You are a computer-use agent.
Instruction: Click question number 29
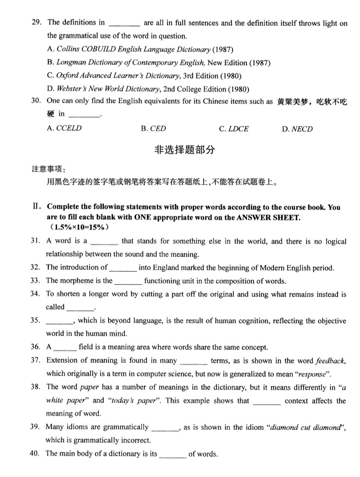coord(36,23)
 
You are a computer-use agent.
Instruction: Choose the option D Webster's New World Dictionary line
coord(148,89)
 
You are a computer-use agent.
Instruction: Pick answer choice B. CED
coord(153,129)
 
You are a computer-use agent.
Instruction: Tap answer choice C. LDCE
coord(234,129)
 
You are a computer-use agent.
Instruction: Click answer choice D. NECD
coord(297,129)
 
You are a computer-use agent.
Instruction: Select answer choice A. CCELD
coord(64,129)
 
